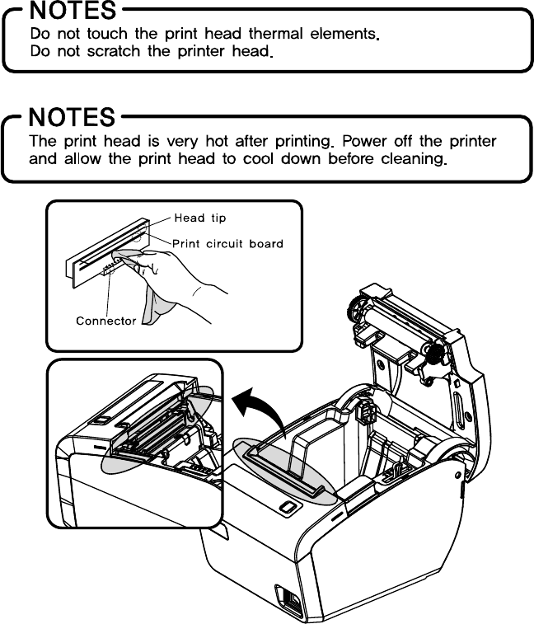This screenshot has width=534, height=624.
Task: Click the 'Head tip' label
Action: point(199,218)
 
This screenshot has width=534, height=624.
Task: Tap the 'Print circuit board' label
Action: point(228,243)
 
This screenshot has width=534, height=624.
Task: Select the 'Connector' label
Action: point(105,321)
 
